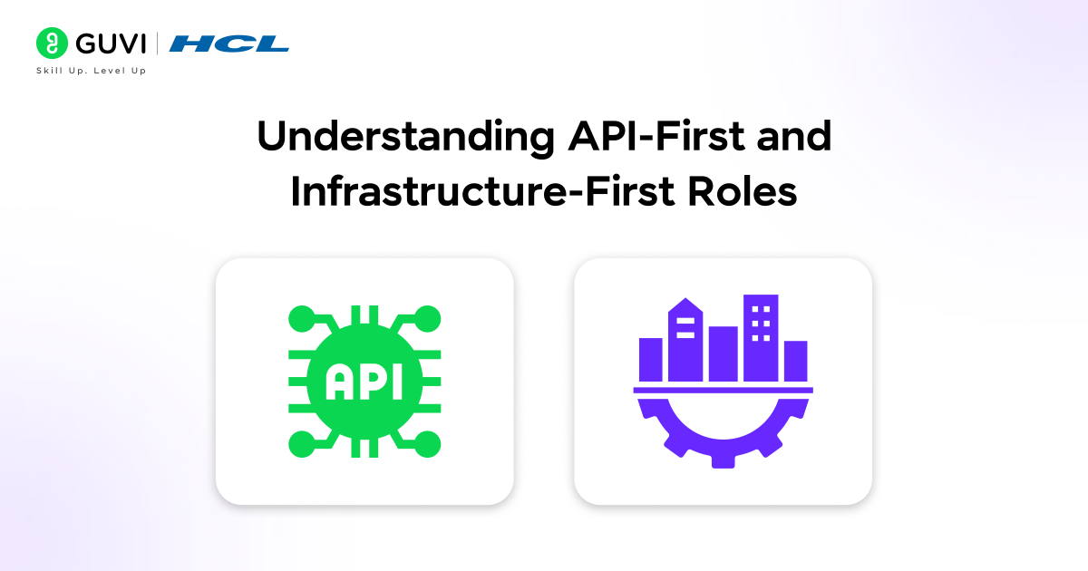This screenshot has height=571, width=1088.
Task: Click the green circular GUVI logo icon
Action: [51, 43]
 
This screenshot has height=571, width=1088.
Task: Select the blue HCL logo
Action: [228, 43]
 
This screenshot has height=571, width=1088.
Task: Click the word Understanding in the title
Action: [400, 138]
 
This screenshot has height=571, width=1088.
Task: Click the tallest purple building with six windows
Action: [761, 337]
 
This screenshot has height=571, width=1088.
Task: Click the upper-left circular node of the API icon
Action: [300, 318]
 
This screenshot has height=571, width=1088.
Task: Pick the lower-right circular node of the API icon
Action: [428, 444]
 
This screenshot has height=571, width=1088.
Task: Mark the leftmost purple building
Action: [651, 359]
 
